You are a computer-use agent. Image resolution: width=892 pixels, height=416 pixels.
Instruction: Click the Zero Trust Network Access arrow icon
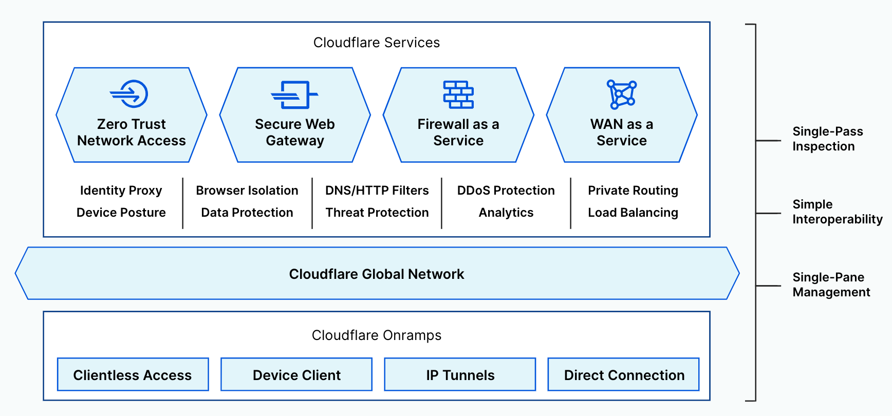pos(130,93)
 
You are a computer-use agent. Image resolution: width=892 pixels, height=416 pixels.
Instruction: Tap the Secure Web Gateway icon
pos(294,94)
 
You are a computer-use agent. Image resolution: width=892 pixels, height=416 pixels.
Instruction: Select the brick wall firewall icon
pos(458,94)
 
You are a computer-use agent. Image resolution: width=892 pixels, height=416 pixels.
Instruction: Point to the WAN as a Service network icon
pos(622,94)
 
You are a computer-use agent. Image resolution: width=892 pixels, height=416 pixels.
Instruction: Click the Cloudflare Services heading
pos(377,43)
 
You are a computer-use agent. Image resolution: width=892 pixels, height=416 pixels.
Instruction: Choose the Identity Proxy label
pos(121,191)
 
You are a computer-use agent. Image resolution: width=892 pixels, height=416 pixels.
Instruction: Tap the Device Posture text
pos(121,213)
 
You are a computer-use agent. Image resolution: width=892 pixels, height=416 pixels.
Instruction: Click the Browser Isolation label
pos(247,191)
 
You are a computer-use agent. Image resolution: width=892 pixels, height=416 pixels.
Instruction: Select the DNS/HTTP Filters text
pos(377,191)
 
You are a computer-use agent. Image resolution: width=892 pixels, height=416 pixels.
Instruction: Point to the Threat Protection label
pos(377,213)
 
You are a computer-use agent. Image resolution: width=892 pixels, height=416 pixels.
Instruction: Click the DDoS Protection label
pos(506,191)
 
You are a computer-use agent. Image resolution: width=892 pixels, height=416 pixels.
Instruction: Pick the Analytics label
pos(506,213)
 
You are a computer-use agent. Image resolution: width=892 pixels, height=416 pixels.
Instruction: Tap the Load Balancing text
pos(633,213)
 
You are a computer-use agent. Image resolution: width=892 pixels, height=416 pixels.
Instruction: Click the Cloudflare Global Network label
pos(377,274)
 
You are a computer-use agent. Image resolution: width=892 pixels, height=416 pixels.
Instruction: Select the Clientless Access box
pos(133,375)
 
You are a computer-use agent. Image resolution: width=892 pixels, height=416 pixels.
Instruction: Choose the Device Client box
pos(296,375)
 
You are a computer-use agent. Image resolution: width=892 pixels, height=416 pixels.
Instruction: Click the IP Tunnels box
pos(460,375)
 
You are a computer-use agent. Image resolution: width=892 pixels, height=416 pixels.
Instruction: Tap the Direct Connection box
pos(624,375)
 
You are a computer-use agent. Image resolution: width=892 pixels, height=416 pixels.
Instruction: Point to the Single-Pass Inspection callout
pos(827,139)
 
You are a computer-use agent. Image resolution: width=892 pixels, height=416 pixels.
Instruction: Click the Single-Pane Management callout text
pos(831,285)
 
